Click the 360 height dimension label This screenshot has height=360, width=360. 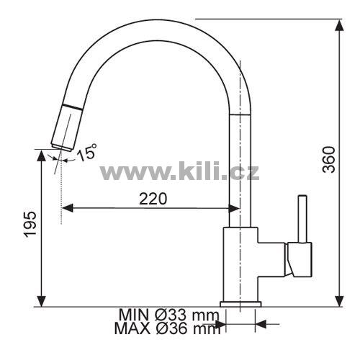(328, 160)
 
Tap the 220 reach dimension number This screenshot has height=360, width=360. (153, 199)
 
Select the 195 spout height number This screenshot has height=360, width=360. (30, 225)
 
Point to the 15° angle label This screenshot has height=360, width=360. (86, 152)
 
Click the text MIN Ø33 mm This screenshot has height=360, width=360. (169, 315)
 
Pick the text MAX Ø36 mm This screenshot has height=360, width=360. (167, 328)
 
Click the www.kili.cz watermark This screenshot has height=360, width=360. (179, 171)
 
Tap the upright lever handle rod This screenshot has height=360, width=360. (302, 219)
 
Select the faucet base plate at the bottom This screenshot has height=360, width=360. (240, 304)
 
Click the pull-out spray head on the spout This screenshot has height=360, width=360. (67, 128)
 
